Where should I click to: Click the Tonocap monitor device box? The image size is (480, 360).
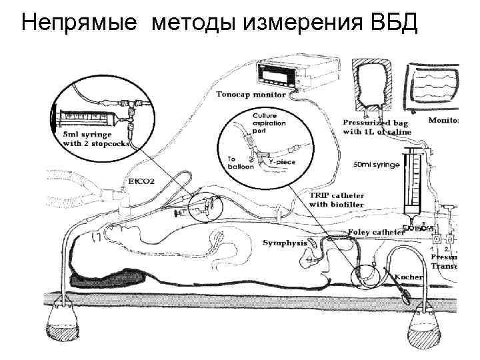tap(287, 73)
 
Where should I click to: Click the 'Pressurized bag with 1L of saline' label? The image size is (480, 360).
tap(377, 127)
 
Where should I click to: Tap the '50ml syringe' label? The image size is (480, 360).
tap(377, 164)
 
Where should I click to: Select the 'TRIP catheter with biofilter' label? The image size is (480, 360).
tap(337, 199)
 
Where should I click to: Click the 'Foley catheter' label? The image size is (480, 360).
tap(376, 232)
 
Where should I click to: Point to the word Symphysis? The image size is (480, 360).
tap(285, 242)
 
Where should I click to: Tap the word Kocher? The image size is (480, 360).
tap(408, 276)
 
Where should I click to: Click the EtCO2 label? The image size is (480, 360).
tap(140, 182)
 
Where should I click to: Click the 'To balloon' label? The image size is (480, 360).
tap(241, 163)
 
